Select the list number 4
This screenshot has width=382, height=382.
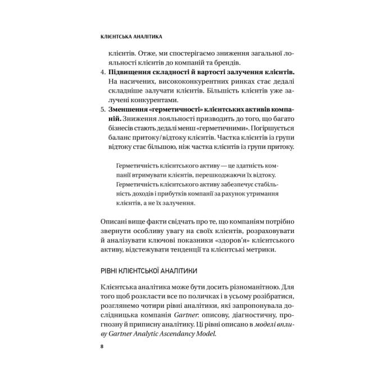click(x=101, y=73)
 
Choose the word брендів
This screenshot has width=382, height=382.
click(x=227, y=62)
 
